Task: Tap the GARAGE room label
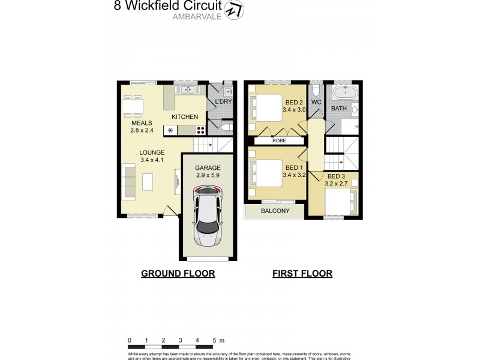[208, 168]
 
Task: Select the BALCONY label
[275, 211]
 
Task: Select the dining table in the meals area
[133, 106]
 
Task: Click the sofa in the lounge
[129, 182]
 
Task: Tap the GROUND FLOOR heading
[178, 274]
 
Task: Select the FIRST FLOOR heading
[302, 274]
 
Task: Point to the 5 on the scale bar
[214, 340]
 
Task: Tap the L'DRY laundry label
[223, 103]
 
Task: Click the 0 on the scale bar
[130, 340]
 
